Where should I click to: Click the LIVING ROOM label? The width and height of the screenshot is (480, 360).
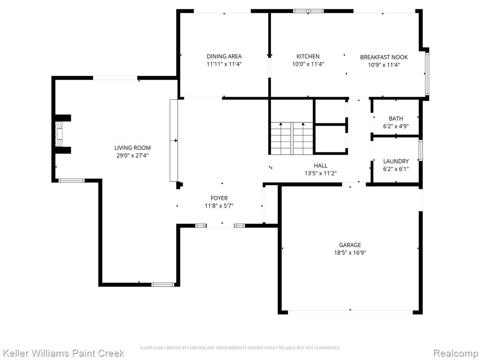[133, 148]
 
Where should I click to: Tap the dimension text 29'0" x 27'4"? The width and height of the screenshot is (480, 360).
[133, 156]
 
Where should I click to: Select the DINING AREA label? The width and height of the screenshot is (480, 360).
[224, 56]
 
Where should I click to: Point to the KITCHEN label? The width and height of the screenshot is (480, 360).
[308, 56]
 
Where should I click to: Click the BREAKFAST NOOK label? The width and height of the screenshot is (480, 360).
[384, 57]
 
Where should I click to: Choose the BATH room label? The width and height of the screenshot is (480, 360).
[396, 119]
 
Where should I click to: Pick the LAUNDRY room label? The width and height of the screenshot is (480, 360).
[396, 161]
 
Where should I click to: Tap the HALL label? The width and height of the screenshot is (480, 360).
[321, 165]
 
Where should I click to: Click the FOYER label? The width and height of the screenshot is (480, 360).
[219, 198]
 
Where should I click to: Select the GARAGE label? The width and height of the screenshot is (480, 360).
[350, 245]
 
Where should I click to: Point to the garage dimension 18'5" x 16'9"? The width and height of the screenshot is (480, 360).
[350, 253]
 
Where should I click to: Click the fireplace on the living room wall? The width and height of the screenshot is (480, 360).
[59, 134]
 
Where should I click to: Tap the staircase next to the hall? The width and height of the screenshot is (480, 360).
[292, 138]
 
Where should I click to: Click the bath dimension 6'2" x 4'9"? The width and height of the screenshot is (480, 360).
[396, 126]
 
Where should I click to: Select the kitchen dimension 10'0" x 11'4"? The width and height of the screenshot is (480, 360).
[308, 64]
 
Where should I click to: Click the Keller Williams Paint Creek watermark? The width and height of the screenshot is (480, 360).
[64, 353]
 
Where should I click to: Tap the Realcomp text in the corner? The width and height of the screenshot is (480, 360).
[456, 353]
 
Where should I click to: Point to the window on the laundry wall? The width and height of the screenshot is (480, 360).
[420, 150]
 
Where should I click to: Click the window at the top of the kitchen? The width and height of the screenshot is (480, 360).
[308, 11]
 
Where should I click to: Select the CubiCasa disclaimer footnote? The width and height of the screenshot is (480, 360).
[240, 348]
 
